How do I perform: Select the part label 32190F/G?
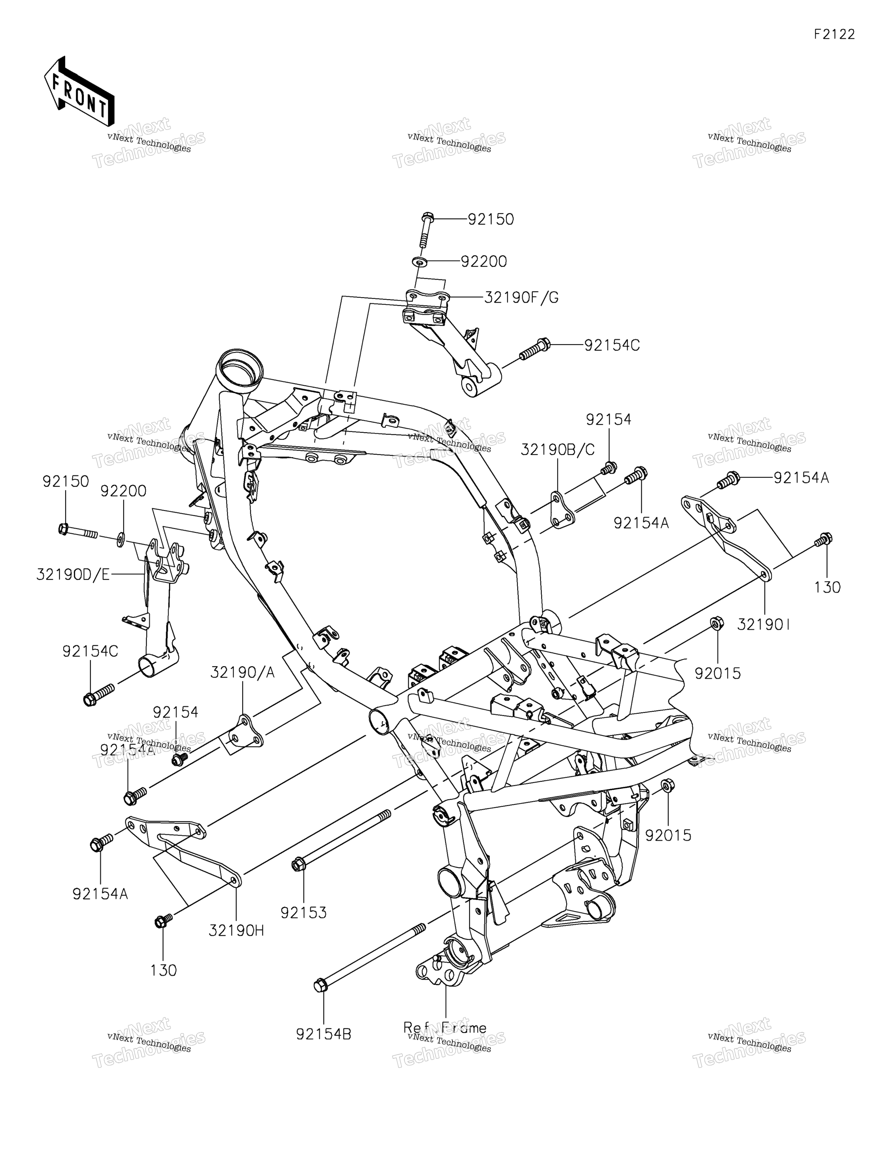click(521, 298)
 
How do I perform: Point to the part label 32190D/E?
click(73, 575)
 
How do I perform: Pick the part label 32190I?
click(764, 626)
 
